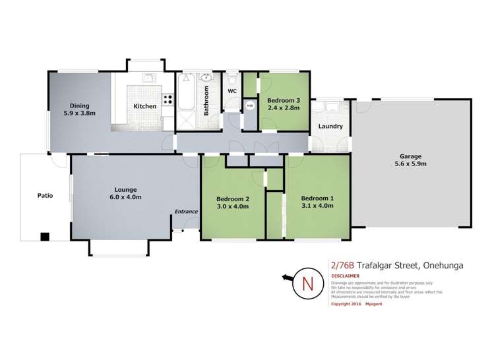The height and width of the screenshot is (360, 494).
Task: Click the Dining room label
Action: point(80,105)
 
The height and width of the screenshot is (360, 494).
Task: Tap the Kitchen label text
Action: point(145,106)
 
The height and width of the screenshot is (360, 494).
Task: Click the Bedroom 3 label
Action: point(284,100)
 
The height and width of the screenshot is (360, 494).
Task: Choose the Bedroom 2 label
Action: point(233,199)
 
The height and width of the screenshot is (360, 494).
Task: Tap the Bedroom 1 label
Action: point(317,199)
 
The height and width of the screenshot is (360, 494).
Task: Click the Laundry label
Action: point(330,126)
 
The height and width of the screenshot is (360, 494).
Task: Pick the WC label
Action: point(232,91)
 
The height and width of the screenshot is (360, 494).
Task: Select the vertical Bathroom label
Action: point(206,101)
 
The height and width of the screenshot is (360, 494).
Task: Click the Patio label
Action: point(44,196)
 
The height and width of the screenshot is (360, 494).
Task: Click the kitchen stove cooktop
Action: point(168,101)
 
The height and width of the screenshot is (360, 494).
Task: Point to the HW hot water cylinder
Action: point(249,105)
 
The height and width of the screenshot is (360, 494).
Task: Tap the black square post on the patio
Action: point(44,236)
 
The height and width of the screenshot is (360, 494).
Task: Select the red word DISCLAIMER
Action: point(346,276)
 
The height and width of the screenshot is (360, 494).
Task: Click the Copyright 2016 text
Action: point(346,304)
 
